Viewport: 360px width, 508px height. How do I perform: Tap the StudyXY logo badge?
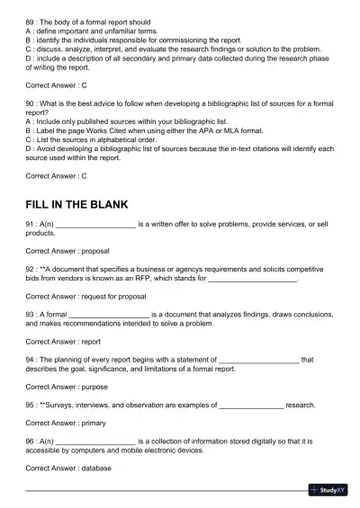point(328,490)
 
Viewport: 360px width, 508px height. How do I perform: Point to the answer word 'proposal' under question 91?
point(95,252)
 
